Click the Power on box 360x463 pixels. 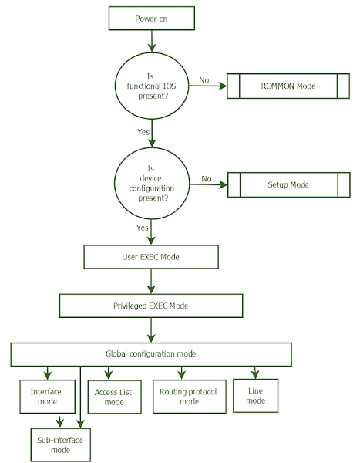click(x=152, y=19)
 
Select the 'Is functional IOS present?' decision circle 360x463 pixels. click(x=152, y=86)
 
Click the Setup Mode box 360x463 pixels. click(x=288, y=184)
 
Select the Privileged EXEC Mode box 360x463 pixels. click(x=150, y=306)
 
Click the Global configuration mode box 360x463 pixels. click(x=150, y=354)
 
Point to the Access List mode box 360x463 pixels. click(x=113, y=397)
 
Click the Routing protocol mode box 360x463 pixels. click(x=188, y=397)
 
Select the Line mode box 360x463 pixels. click(x=255, y=396)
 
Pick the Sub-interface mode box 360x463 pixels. click(x=60, y=444)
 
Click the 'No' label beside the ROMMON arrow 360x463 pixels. click(x=204, y=80)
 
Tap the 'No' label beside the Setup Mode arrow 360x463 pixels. click(x=206, y=179)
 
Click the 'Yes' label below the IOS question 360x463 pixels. click(x=143, y=132)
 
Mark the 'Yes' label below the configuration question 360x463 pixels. click(x=142, y=228)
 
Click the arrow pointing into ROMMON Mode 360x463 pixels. click(x=207, y=86)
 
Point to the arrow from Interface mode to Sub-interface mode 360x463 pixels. click(x=59, y=421)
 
